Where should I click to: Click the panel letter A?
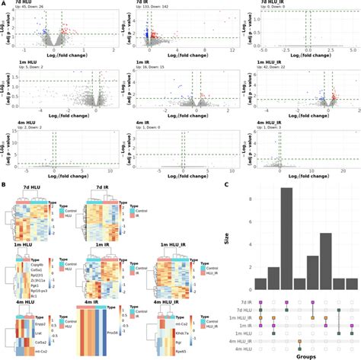point(4,5)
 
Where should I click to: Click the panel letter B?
point(4,184)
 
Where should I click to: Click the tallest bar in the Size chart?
point(286,239)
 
